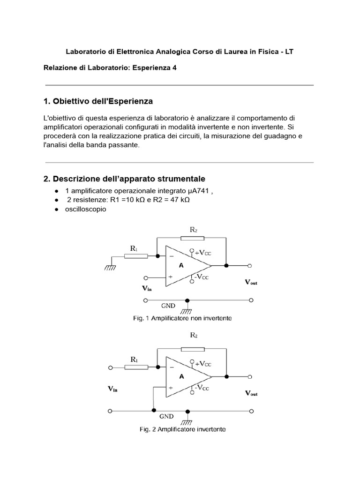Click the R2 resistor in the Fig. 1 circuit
[192, 238]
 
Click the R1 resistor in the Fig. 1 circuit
[136, 256]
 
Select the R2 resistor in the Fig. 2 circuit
[192, 349]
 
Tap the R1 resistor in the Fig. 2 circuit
[136, 367]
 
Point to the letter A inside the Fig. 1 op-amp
[181, 265]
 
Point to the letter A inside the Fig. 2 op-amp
[181, 376]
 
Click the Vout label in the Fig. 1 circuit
[251, 283]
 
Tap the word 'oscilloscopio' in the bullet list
[86, 209]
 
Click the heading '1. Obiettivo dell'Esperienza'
[98, 101]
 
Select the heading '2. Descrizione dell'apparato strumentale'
[124, 179]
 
